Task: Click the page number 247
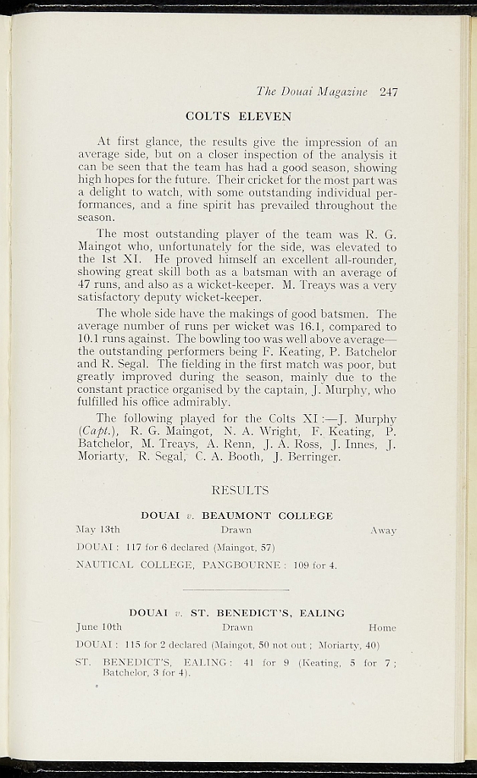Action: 388,92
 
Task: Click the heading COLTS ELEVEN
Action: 238,117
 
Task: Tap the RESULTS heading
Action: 240,490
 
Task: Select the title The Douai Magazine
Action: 312,92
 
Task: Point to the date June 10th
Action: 100,628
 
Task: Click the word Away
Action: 383,530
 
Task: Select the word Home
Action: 383,628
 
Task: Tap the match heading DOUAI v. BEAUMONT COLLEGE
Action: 237,516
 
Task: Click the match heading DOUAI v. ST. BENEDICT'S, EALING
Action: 237,613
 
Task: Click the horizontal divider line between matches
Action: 237,589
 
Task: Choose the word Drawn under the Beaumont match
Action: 236,530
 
